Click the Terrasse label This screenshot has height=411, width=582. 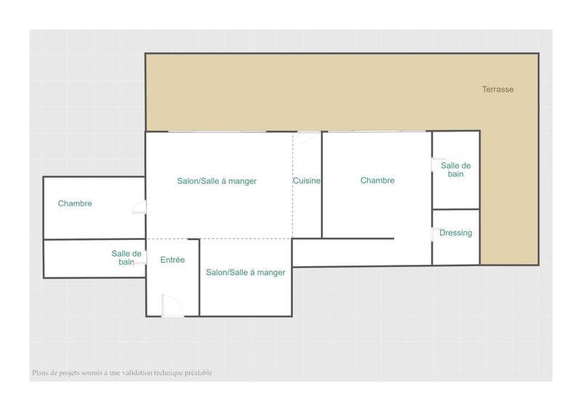tap(498, 89)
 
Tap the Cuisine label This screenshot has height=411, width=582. tap(307, 180)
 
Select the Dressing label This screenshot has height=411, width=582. tap(456, 233)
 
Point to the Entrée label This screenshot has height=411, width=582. tap(172, 260)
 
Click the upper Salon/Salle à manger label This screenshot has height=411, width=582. tap(217, 180)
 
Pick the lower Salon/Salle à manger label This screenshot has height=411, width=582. tap(245, 273)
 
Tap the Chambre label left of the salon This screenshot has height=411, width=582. tap(75, 204)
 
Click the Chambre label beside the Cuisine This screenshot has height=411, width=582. tap(378, 180)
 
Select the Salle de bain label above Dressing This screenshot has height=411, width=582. tap(456, 170)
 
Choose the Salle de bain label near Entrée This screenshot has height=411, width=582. tap(127, 258)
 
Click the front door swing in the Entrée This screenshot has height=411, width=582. tap(170, 306)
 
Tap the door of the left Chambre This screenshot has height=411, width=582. tap(140, 209)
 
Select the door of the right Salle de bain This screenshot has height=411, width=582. tap(437, 164)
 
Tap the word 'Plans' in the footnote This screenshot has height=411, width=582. tap(40, 373)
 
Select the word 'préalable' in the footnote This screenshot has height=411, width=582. tap(196, 373)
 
